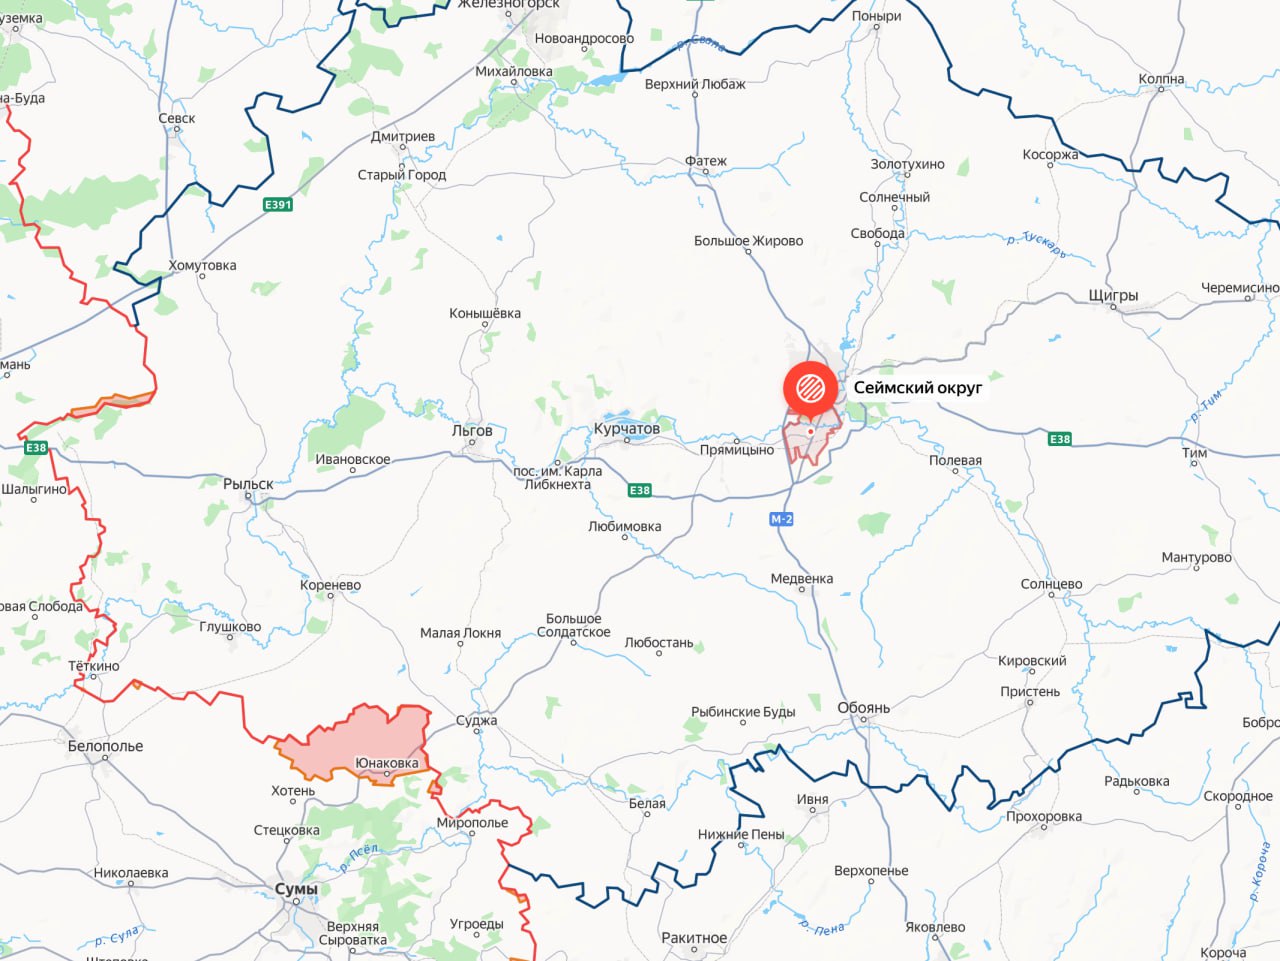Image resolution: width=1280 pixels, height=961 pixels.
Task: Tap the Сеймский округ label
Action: pyautogui.click(x=917, y=387)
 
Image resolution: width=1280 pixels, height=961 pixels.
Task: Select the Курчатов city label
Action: pyautogui.click(x=627, y=429)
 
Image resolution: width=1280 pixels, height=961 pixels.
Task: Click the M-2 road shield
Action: pyautogui.click(x=781, y=519)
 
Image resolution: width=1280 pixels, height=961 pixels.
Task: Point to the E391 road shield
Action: pyautogui.click(x=278, y=205)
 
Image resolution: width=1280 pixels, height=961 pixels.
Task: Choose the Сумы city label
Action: pyautogui.click(x=296, y=889)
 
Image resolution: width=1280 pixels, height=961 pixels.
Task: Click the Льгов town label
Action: pyautogui.click(x=472, y=431)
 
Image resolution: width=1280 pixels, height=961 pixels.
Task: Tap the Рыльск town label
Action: pyautogui.click(x=248, y=484)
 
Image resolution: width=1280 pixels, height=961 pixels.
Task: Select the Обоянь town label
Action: pyautogui.click(x=863, y=708)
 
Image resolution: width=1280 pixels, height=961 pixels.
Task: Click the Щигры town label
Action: pyautogui.click(x=1113, y=296)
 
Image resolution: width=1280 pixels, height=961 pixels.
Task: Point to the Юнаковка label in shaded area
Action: pyautogui.click(x=387, y=763)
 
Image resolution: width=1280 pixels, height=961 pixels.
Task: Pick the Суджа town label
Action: pyautogui.click(x=476, y=720)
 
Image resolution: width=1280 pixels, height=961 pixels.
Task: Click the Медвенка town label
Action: pyautogui.click(x=802, y=579)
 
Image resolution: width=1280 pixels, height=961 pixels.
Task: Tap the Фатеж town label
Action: pyautogui.click(x=706, y=161)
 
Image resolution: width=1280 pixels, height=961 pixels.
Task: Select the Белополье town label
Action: pyautogui.click(x=105, y=746)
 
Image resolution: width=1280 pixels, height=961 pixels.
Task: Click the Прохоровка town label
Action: pyautogui.click(x=1044, y=816)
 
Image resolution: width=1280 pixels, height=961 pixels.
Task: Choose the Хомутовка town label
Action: pyautogui.click(x=202, y=265)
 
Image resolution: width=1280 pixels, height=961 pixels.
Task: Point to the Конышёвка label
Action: pyautogui.click(x=485, y=313)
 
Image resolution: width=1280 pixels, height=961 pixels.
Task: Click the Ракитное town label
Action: pyautogui.click(x=694, y=938)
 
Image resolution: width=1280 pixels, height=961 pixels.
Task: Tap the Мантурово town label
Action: pyautogui.click(x=1196, y=557)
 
